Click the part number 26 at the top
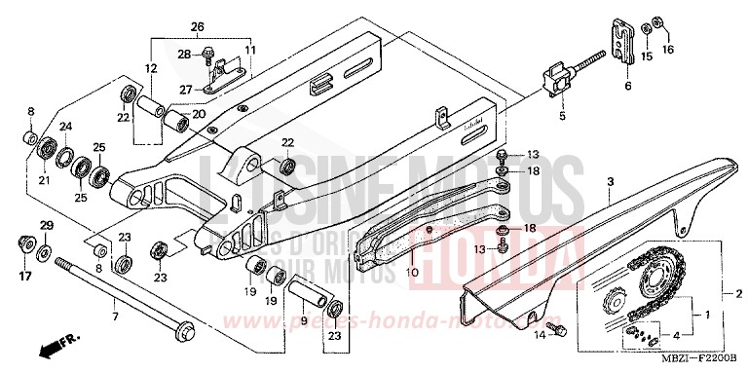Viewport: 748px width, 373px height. coord(198,26)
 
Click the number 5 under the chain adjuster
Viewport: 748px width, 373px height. coord(561,116)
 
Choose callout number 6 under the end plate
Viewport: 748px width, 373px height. coord(627,87)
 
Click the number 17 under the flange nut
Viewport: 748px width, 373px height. coord(24,276)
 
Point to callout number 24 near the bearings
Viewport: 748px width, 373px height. coord(65,127)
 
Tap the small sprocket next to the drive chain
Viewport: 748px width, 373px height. coord(617,303)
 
